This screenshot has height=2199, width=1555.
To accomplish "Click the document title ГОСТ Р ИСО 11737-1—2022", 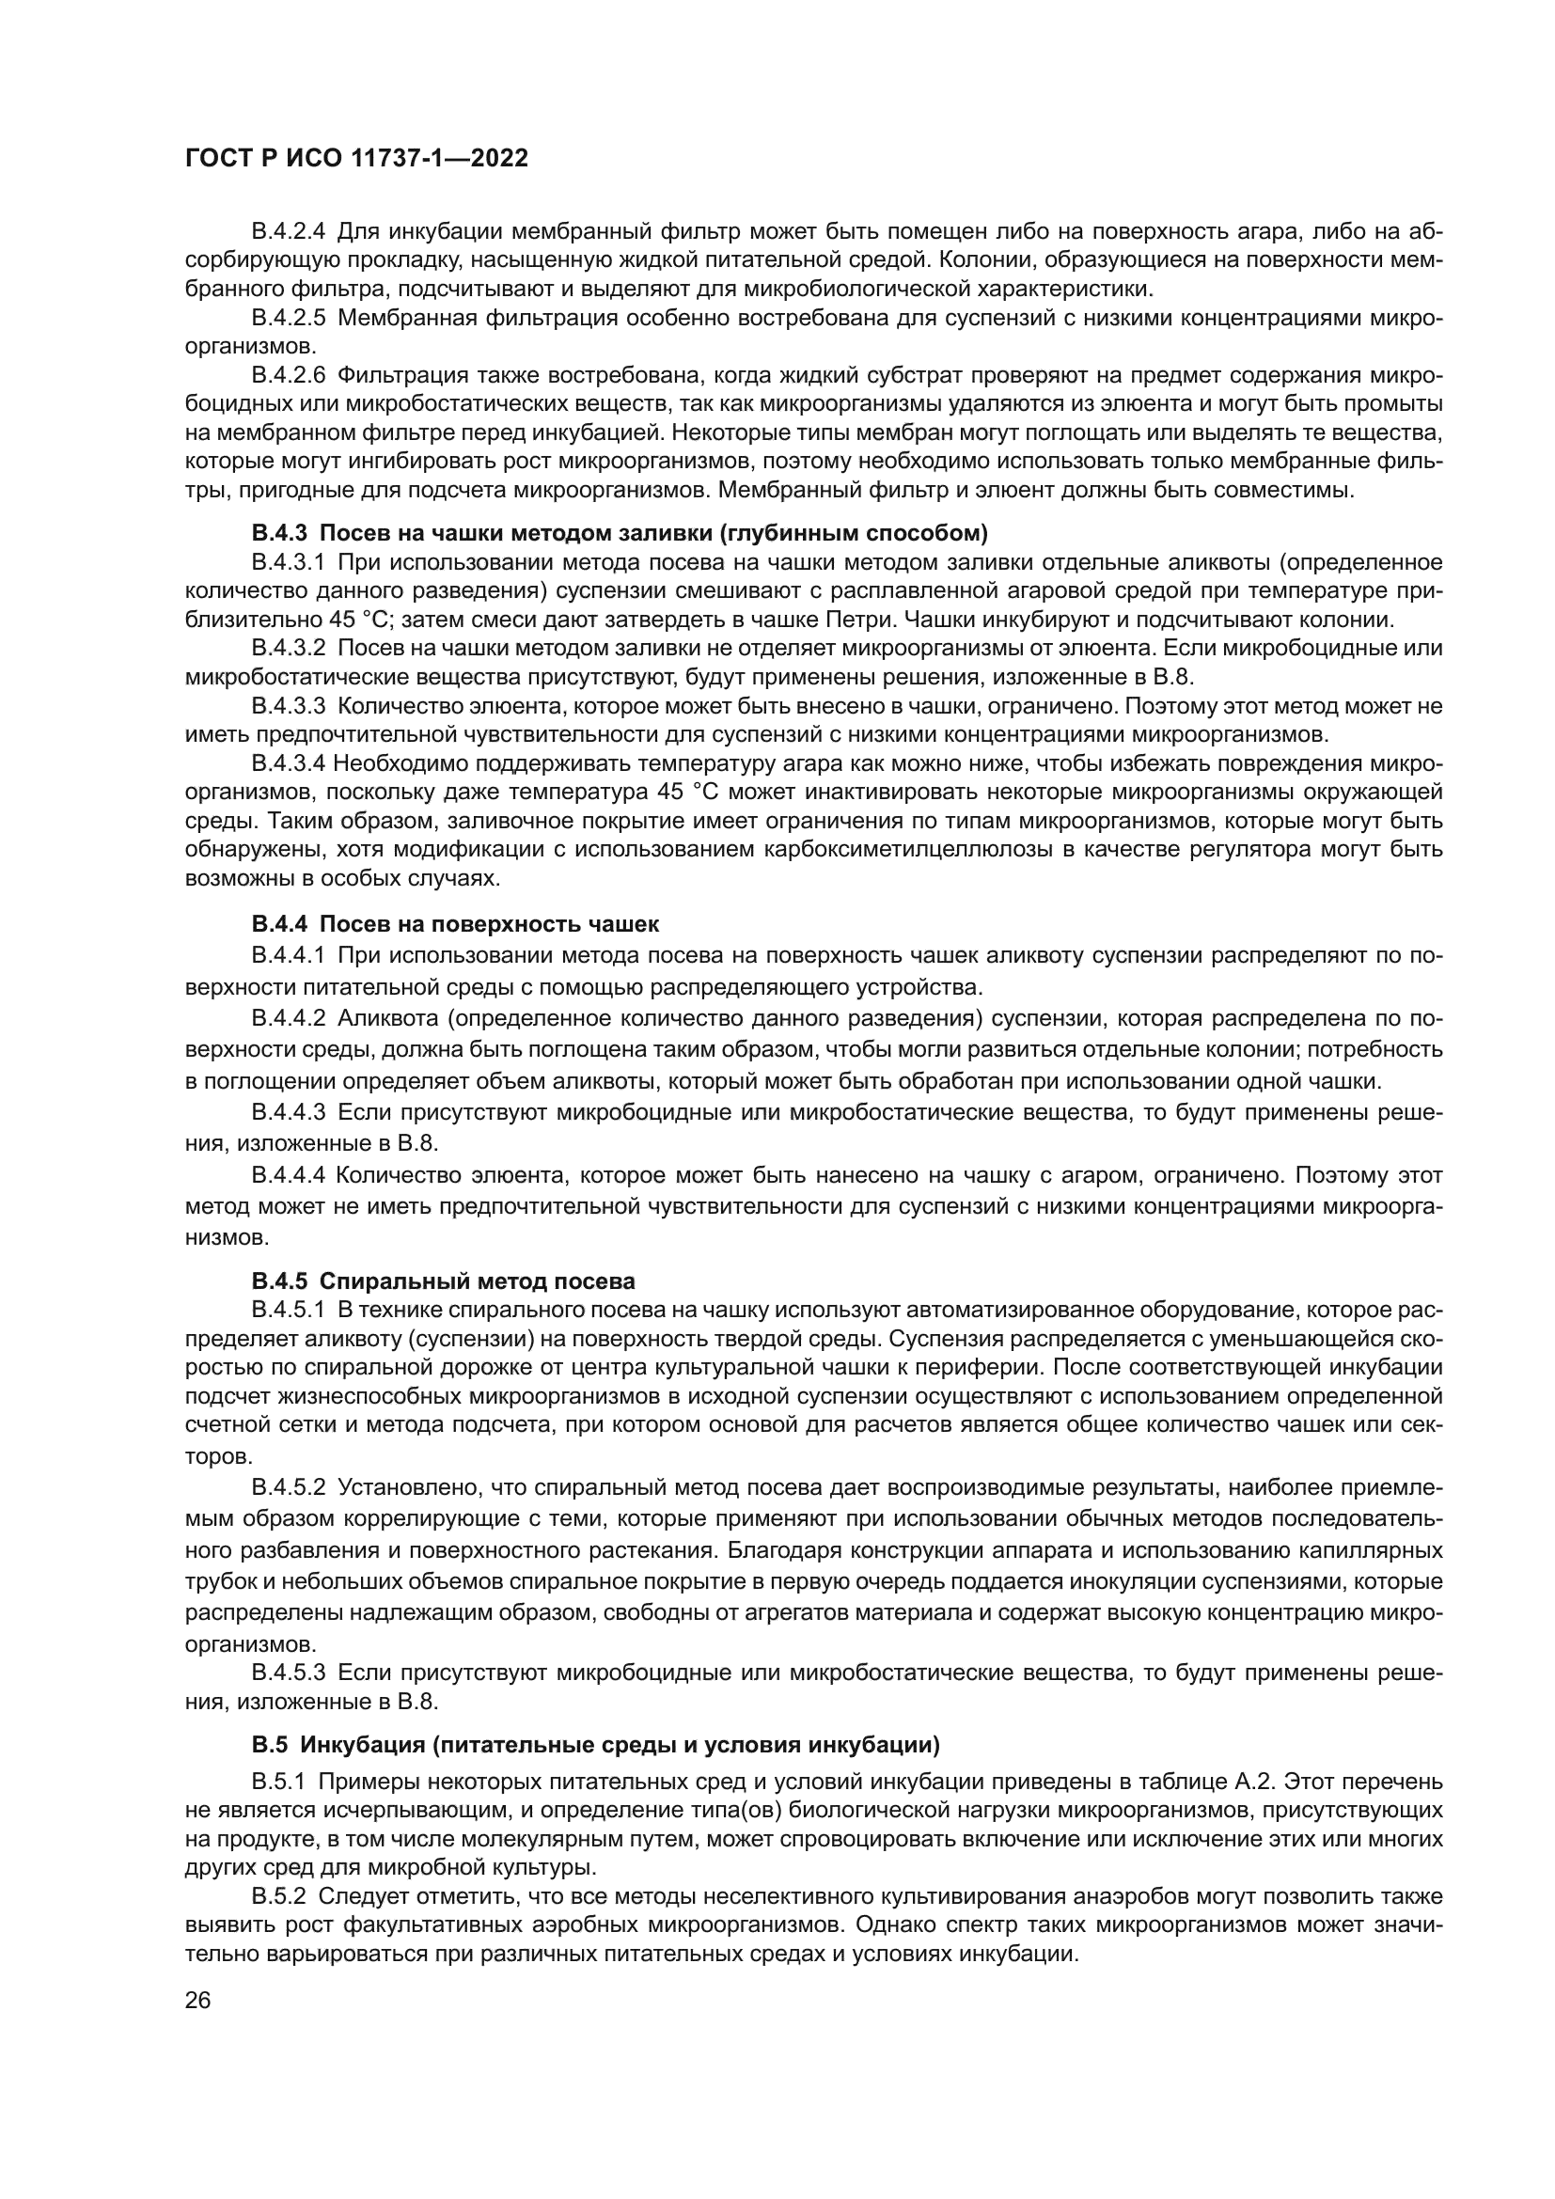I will (x=356, y=159).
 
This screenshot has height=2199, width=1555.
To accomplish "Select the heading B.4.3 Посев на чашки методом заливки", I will (x=620, y=531).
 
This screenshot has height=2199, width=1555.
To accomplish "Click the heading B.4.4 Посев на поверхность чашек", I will (x=455, y=924).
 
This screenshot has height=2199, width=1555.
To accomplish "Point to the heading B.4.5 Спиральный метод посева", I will (x=444, y=1281).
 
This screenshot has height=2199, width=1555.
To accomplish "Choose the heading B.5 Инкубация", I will (x=595, y=1745).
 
